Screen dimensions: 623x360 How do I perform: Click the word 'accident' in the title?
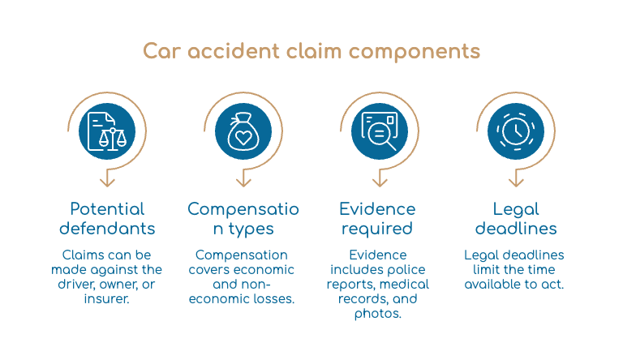click(x=234, y=51)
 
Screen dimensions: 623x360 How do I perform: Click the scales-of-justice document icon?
click(x=107, y=131)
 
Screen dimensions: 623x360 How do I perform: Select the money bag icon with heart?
click(x=243, y=131)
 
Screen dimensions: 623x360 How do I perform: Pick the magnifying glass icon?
click(x=379, y=131)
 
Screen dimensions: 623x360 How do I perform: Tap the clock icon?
click(x=516, y=131)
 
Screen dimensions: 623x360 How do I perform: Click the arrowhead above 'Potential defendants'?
click(x=107, y=182)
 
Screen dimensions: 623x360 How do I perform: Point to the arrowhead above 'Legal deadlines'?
click(x=516, y=182)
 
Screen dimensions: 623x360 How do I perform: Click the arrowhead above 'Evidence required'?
click(x=380, y=182)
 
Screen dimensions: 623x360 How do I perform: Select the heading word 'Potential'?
click(x=107, y=209)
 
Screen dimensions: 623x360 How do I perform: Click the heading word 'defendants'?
click(x=107, y=229)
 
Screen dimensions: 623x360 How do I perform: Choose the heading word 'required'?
click(x=377, y=229)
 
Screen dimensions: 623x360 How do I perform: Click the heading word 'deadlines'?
click(x=516, y=229)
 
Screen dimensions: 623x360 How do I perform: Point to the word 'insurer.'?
click(x=106, y=299)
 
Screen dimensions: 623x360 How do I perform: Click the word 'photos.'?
click(x=378, y=314)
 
